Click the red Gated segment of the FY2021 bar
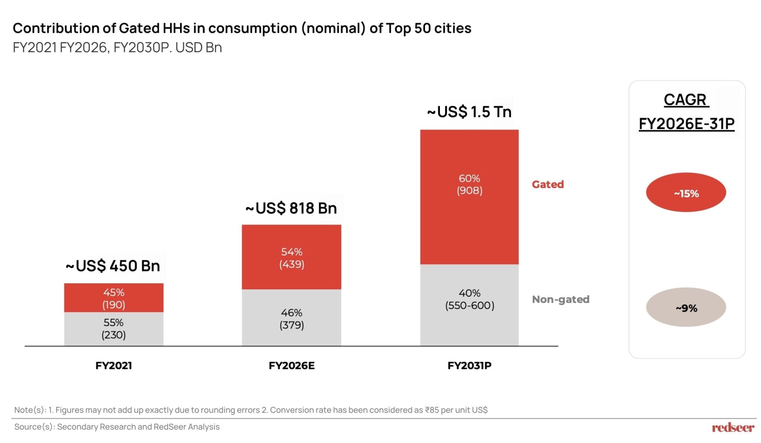[x=113, y=298]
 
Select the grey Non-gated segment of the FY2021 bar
[x=113, y=329]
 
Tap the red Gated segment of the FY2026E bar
[x=291, y=257]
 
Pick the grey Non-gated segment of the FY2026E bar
[x=291, y=318]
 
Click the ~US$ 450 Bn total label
[x=113, y=266]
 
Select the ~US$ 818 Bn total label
[x=291, y=208]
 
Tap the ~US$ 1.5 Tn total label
[x=469, y=112]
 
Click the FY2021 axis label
[x=114, y=366]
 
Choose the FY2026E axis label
[x=292, y=366]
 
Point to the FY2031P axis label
[x=469, y=366]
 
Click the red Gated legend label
[x=548, y=184]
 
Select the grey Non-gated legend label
[x=561, y=299]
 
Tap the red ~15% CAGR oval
[x=686, y=193]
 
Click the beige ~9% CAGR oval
[x=686, y=307]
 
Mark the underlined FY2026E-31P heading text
[x=686, y=123]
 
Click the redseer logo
[x=733, y=428]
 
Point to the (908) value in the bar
[x=469, y=191]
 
